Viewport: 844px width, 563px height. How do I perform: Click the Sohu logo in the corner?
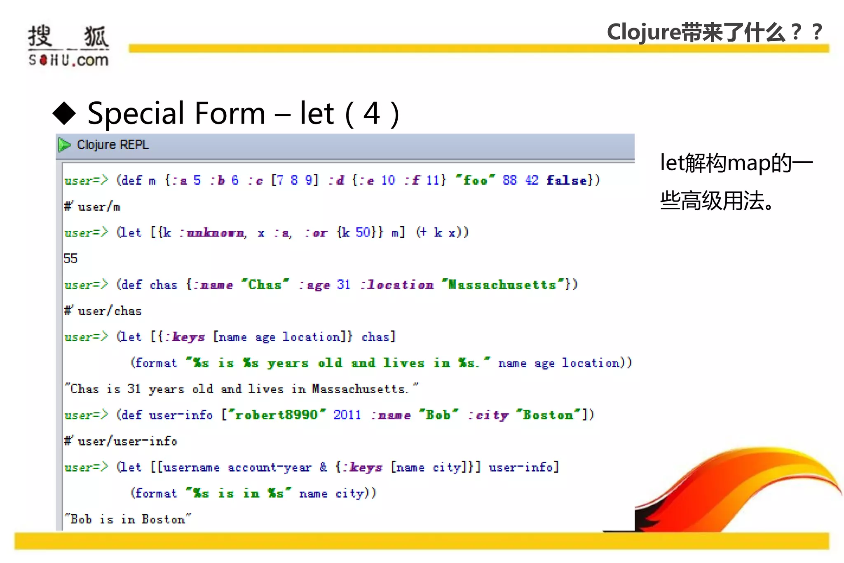(x=68, y=45)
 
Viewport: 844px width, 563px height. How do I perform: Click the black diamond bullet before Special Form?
(x=65, y=113)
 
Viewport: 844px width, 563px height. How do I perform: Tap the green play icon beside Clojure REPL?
(x=64, y=145)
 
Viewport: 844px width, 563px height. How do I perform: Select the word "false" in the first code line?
(x=567, y=180)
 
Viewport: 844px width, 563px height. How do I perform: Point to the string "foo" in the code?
(x=475, y=180)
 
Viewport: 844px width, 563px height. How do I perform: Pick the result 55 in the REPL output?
(x=70, y=258)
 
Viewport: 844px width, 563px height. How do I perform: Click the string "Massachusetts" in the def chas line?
(x=502, y=284)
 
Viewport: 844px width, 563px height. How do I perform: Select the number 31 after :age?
(x=343, y=284)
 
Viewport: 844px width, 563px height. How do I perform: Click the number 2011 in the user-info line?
(x=347, y=415)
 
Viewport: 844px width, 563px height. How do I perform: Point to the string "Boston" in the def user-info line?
(x=548, y=415)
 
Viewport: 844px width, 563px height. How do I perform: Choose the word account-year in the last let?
(x=270, y=467)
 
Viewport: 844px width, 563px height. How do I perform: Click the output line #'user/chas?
(x=103, y=311)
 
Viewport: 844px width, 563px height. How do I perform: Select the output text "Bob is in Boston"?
(x=128, y=519)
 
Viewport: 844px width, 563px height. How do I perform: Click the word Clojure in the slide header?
(x=643, y=32)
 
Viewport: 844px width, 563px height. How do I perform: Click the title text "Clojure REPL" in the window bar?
(x=113, y=145)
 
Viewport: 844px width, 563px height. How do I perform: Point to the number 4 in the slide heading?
(x=371, y=113)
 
